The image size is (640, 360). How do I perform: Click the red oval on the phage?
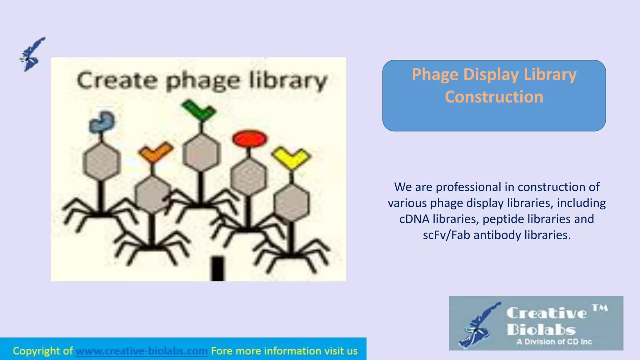(249, 138)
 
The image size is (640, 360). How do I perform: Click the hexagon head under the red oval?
(249, 177)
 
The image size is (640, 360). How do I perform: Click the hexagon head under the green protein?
(202, 153)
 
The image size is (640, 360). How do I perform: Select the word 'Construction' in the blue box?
(494, 97)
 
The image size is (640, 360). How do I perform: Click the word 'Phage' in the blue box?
(435, 75)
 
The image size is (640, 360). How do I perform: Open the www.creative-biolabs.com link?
(142, 351)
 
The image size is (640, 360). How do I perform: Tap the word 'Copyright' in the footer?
(37, 351)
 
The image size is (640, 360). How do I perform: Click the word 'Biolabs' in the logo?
(541, 330)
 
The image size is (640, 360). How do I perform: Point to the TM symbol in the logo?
(600, 308)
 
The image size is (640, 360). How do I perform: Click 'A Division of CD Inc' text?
(554, 342)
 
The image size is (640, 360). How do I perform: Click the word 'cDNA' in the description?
(414, 219)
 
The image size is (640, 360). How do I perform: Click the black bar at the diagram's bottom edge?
(217, 269)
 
